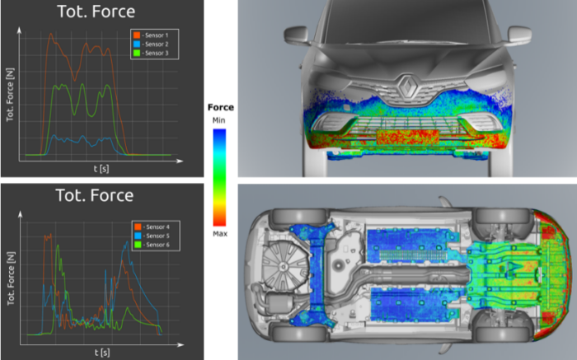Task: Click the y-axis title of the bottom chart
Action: click(x=10, y=280)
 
